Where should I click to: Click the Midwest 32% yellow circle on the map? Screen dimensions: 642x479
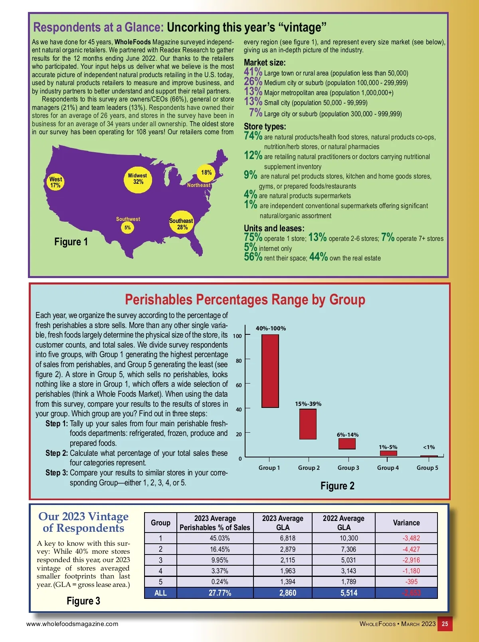point(138,179)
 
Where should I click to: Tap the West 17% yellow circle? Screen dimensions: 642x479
point(55,182)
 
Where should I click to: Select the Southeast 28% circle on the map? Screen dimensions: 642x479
point(182,224)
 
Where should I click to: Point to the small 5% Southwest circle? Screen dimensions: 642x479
point(127,228)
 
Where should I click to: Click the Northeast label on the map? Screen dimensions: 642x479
point(198,185)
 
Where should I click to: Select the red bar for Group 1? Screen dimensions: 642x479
point(270,371)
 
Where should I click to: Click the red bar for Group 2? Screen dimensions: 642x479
point(308,424)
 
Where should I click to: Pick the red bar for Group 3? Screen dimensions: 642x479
point(347,443)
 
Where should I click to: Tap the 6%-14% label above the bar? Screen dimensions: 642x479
point(348,435)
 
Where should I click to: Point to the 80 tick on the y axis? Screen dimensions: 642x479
point(239,361)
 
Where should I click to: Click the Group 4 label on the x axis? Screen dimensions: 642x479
point(388,468)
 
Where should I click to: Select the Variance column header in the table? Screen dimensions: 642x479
point(406,523)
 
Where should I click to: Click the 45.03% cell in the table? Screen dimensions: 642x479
point(220,538)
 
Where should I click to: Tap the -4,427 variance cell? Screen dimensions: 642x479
point(411,549)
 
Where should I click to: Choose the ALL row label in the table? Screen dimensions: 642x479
point(160,593)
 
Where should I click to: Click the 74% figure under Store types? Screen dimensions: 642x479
point(253,136)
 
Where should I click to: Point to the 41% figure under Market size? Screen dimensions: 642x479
point(253,72)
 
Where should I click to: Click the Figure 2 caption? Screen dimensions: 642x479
point(337,486)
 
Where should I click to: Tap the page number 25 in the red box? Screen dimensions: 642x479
point(445,624)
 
